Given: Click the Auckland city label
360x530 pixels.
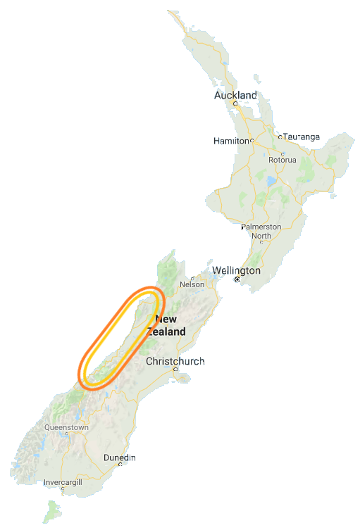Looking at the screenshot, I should [236, 95].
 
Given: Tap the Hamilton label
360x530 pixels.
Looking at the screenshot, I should [232, 141].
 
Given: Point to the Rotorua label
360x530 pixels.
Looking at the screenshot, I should [282, 160].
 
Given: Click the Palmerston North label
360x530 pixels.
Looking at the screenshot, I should [261, 231].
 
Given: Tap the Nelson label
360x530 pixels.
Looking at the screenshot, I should [192, 284].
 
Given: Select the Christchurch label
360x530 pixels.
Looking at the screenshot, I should [175, 362].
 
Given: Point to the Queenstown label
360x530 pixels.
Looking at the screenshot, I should [66, 427].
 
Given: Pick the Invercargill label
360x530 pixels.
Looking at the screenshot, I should [63, 483].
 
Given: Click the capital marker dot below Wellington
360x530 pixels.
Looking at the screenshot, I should [237, 279].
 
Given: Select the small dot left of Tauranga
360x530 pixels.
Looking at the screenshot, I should [280, 137].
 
